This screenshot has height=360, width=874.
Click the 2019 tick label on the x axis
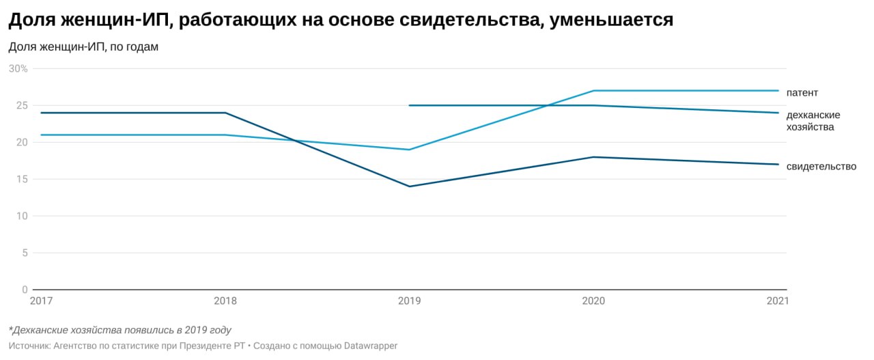(409, 301)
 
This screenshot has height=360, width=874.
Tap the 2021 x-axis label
(776, 301)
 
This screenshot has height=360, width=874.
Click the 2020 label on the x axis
(593, 301)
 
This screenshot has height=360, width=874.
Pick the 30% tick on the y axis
(18, 69)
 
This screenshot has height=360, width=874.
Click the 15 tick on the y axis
(22, 180)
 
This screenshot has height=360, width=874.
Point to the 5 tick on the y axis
(25, 253)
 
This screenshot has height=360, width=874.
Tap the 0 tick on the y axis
(25, 290)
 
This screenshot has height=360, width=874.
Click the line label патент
(802, 92)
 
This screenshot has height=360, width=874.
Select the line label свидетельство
(821, 167)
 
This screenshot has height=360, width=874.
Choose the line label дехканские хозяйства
(813, 121)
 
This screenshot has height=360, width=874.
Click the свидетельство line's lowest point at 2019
(409, 186)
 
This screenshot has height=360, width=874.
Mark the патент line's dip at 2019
(409, 150)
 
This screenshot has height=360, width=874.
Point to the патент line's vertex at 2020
(593, 91)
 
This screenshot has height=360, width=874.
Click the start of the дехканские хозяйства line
(409, 106)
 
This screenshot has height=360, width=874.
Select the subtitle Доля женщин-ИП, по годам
(83, 47)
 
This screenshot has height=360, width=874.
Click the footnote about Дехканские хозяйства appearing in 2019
(120, 330)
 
